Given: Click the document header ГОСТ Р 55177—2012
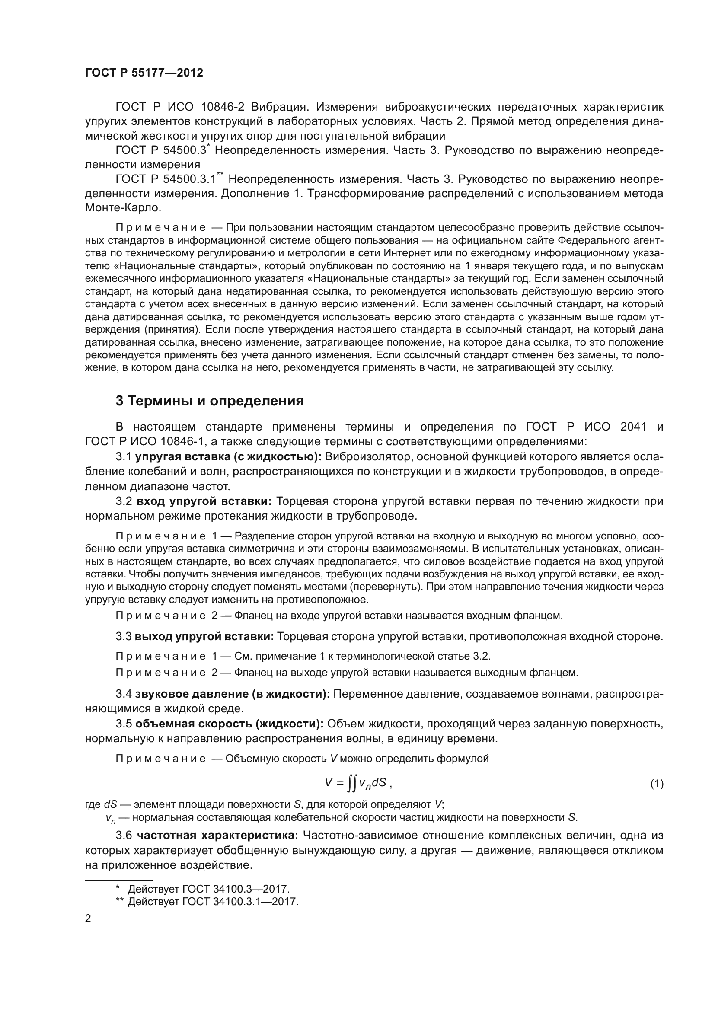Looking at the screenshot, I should click(144, 73).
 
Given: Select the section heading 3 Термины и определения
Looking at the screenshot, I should click(210, 401).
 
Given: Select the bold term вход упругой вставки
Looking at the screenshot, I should click(204, 501).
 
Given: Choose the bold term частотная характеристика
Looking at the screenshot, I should click(217, 836).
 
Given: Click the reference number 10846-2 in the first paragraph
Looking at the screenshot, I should click(223, 107).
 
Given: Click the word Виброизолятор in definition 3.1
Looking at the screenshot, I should click(367, 456).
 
